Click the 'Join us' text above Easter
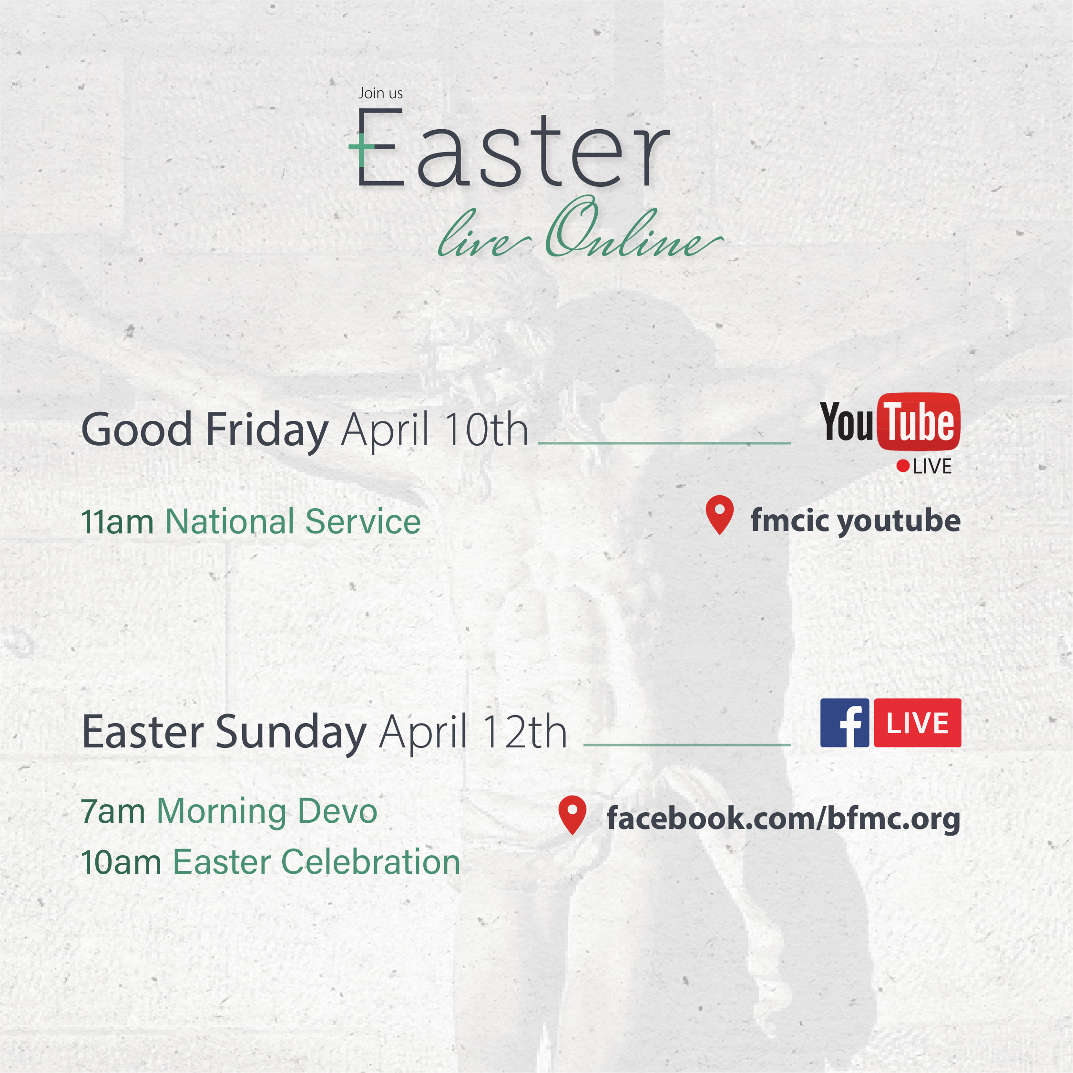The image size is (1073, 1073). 380,93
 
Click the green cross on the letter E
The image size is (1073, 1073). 361,147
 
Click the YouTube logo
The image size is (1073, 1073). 890,422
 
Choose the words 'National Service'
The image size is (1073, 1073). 293,522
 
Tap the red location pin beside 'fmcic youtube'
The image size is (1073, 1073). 720,515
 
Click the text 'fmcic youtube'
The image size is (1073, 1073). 855,521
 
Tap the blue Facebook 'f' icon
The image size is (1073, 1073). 845,723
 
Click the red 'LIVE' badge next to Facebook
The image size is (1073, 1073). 918,723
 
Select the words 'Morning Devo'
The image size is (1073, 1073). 267,812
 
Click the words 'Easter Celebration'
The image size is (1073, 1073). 317,862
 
